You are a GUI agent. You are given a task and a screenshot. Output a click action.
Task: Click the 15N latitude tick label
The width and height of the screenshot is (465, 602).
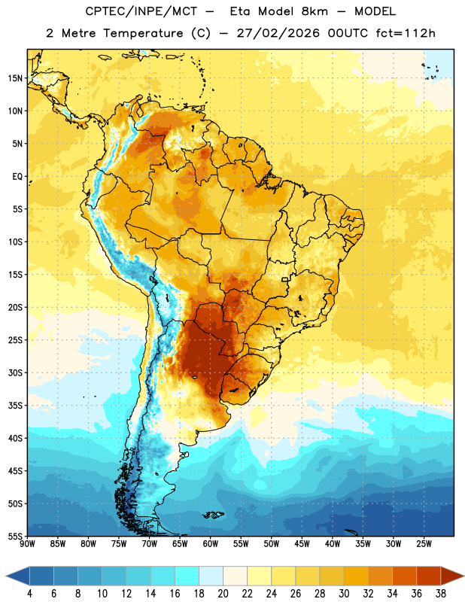coord(15,78)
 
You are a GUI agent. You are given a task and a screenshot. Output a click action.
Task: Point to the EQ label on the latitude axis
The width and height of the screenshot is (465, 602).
coord(17,177)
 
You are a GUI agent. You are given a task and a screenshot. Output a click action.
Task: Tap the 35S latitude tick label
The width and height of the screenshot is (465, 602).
coord(15,406)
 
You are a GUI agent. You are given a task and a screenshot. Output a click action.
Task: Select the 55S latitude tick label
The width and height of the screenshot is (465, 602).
coord(15,536)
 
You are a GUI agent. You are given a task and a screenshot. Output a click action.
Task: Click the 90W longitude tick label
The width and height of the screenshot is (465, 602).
coord(27,544)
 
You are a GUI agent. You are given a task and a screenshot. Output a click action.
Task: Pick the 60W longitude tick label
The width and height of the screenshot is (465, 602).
coord(211,544)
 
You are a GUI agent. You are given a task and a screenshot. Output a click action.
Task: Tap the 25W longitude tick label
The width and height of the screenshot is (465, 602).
coord(424,544)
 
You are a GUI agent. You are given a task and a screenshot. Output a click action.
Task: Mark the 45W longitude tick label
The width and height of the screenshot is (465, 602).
coord(302,544)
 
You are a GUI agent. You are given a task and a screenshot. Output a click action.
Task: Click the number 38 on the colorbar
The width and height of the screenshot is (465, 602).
coord(441,594)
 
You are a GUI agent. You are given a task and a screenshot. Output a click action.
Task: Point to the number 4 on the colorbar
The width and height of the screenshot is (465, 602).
coord(29,594)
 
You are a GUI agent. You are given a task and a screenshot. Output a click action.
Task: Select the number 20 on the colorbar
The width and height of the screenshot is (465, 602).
coord(223,594)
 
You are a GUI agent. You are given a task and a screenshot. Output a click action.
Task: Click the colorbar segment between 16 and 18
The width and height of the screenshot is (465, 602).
coord(187,576)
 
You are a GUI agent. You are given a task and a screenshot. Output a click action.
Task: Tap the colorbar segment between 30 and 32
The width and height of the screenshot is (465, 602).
coord(356,576)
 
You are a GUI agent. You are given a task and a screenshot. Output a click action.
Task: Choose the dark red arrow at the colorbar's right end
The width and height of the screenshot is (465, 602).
coord(451,576)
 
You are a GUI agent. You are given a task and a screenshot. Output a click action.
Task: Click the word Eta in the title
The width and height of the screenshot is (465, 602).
coord(240,11)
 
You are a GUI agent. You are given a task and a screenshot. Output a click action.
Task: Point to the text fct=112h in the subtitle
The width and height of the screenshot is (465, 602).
coord(406,33)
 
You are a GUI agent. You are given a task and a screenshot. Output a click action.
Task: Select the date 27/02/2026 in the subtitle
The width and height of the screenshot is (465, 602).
coord(278,33)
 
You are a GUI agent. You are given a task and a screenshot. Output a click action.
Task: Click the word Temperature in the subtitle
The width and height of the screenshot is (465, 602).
coord(143,34)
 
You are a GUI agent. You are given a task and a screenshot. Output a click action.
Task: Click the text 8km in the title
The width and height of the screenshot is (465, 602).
coord(315,11)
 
